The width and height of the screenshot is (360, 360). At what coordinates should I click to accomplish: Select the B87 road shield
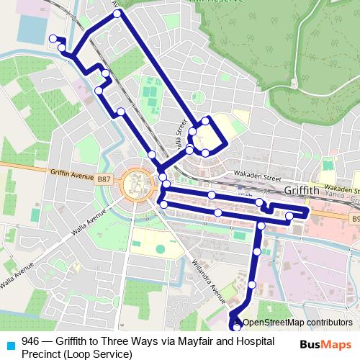104,179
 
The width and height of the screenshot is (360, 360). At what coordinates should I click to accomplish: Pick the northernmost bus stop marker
117,13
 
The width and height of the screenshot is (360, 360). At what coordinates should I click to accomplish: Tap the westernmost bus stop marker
52,39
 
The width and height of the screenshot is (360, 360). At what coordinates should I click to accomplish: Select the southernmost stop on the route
238,328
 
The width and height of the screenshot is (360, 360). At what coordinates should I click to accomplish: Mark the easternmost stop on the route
289,216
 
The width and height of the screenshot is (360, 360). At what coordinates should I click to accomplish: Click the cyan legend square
9,343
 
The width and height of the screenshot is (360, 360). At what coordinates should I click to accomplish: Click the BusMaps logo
325,343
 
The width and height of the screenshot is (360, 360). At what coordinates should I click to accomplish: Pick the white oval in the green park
160,249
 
